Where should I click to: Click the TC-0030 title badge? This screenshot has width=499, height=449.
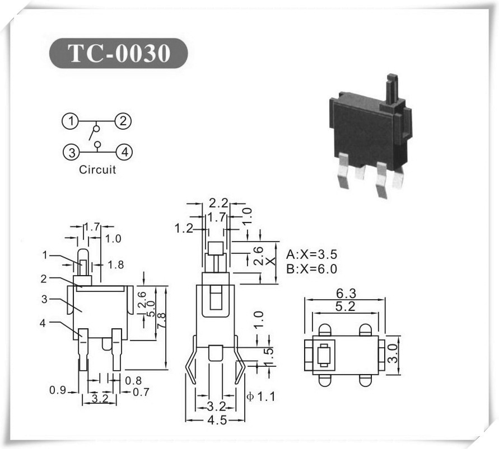click(118, 53)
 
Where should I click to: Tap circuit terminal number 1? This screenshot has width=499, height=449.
click(71, 121)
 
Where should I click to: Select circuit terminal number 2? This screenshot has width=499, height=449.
click(123, 121)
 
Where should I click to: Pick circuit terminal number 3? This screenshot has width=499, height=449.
click(72, 152)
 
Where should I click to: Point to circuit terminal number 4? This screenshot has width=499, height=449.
click(124, 152)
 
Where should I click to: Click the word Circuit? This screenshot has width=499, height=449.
click(97, 169)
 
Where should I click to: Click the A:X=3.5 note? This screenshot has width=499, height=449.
click(311, 254)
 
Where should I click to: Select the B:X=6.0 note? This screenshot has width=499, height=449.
click(311, 269)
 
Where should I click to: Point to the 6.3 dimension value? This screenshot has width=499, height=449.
click(346, 293)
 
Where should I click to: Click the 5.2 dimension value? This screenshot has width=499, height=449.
click(346, 306)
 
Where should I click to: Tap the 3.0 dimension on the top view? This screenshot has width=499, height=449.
click(393, 353)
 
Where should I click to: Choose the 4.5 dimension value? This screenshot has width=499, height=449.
click(217, 420)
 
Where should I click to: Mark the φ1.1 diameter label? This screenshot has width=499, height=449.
click(261, 396)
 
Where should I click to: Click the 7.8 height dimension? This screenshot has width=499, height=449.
click(161, 322)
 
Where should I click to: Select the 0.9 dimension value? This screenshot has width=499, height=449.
click(58, 390)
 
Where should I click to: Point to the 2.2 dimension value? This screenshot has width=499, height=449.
click(218, 203)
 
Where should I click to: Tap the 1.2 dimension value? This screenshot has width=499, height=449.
click(184, 228)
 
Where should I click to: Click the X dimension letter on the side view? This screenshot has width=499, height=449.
click(270, 261)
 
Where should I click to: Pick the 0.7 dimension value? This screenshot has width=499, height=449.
click(141, 392)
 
